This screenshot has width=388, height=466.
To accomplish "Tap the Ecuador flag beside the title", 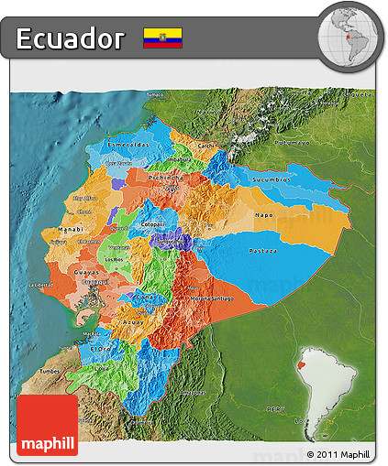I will point(162,38).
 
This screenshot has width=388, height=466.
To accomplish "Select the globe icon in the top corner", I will point(348,35).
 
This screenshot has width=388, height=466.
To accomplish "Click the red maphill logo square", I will point(48,425).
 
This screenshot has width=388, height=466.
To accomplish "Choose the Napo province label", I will point(263,214).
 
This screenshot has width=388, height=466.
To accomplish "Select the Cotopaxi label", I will point(152,222).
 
